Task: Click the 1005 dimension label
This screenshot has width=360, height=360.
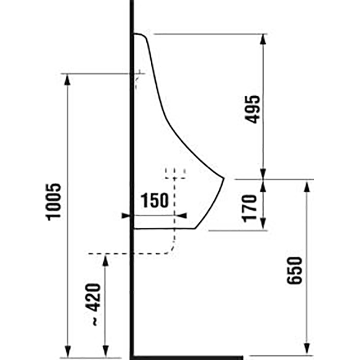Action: (x=54, y=202)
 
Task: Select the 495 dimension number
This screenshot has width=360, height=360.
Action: (x=252, y=109)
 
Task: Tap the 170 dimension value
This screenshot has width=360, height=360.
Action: (x=250, y=208)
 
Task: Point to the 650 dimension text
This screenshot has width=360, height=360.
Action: (x=295, y=270)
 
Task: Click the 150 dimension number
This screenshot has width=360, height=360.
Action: (x=154, y=200)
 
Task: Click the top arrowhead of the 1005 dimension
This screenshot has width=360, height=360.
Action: (x=67, y=79)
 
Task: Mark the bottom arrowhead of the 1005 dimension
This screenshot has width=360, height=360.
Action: (x=67, y=352)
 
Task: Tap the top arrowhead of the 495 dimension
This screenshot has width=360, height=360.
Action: (x=263, y=39)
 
